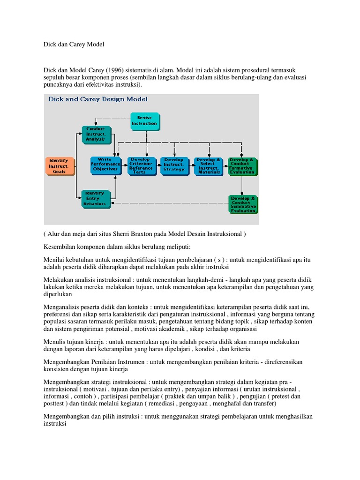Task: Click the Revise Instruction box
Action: (x=144, y=121)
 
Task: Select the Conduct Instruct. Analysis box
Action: (x=97, y=134)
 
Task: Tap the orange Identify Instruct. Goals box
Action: (x=60, y=166)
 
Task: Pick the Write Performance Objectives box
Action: (x=105, y=165)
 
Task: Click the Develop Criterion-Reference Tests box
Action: (x=141, y=165)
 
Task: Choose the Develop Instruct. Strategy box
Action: (x=174, y=165)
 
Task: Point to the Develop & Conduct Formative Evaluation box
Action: (x=242, y=165)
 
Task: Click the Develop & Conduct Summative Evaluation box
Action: (x=243, y=204)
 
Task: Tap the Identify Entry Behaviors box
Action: (x=97, y=199)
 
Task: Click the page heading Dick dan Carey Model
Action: (x=73, y=45)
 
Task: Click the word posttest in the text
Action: (x=53, y=403)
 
